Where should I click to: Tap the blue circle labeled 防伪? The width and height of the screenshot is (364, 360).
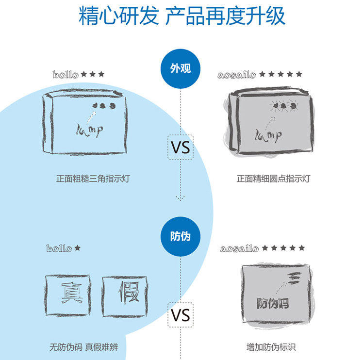pos(180,236)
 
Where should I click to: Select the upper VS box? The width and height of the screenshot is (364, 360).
pos(181,147)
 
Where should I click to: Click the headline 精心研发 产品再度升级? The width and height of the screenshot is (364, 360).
pos(182,16)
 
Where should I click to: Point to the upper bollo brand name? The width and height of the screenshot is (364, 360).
pos(65,75)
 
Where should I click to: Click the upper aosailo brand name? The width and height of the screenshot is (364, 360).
pos(237,75)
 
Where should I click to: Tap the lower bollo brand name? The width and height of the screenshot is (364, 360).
pos(59,248)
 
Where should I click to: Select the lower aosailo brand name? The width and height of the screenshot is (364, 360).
pos(239,248)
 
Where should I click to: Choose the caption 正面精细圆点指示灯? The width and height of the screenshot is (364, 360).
pos(273,179)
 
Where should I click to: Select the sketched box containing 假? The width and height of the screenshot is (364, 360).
pos(124,295)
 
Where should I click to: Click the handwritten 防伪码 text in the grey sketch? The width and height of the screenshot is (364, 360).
pos(273,304)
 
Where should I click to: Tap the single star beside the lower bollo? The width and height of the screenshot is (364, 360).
pos(77,248)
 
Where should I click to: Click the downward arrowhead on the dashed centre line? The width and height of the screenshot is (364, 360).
pos(181,197)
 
